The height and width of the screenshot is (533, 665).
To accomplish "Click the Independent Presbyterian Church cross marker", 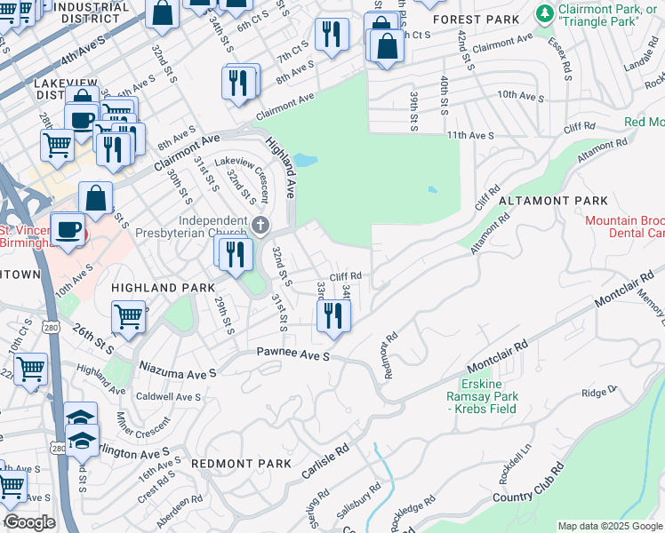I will [260, 223].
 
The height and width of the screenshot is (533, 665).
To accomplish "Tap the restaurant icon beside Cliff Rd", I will [333, 314].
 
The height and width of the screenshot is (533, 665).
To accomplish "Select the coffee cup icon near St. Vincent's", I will [68, 229].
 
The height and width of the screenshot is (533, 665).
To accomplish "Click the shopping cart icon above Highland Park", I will [129, 315].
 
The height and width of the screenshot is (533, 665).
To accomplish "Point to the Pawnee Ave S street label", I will [293, 355].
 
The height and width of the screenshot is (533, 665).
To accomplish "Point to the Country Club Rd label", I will [531, 494].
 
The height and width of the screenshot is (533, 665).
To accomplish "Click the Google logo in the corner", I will [29, 522].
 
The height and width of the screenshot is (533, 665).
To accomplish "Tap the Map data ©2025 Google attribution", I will [609, 526].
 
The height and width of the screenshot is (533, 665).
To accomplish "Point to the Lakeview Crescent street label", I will [248, 178].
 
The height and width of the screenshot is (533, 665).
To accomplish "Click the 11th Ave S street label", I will [469, 135].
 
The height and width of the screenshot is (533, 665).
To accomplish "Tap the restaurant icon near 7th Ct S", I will [332, 35].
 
